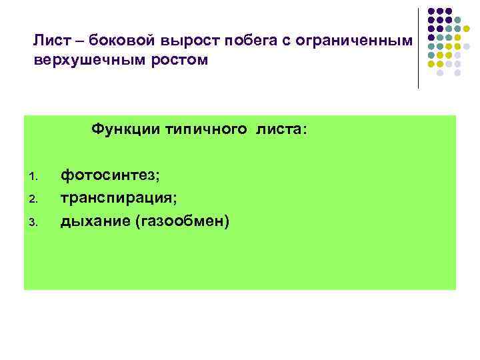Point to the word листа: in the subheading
pyautogui.click(x=280, y=128)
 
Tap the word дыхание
pyautogui.click(x=95, y=221)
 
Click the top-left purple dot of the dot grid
pyautogui.click(x=431, y=11)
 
